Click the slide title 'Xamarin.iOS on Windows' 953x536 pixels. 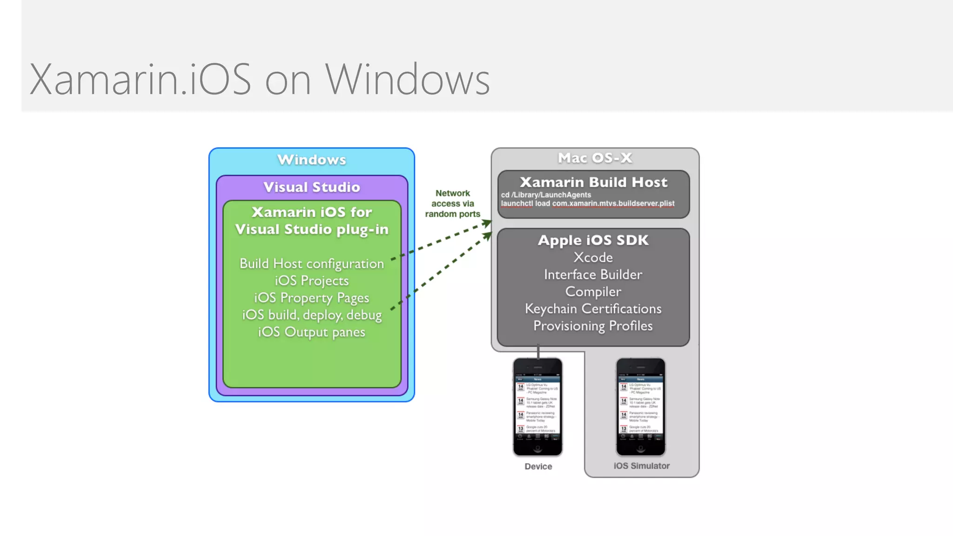pyautogui.click(x=260, y=79)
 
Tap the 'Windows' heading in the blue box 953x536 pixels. pyautogui.click(x=312, y=160)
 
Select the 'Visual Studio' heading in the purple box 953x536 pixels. pyautogui.click(x=312, y=187)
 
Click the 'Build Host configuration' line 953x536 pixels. pyautogui.click(x=312, y=263)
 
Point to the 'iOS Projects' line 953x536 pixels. pyautogui.click(x=312, y=281)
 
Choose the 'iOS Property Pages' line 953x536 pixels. pyautogui.click(x=312, y=298)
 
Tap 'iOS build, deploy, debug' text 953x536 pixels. pyautogui.click(x=312, y=315)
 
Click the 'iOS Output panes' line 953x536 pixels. pyautogui.click(x=312, y=332)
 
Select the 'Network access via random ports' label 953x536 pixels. pyautogui.click(x=452, y=203)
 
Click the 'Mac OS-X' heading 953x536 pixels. pyautogui.click(x=595, y=158)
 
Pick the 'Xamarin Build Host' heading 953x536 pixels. pyautogui.click(x=593, y=182)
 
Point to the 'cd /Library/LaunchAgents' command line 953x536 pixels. pyautogui.click(x=546, y=195)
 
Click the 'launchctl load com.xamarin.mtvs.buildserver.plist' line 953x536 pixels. pyautogui.click(x=587, y=203)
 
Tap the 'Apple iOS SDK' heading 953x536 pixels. pyautogui.click(x=593, y=240)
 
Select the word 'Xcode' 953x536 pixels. pyautogui.click(x=593, y=257)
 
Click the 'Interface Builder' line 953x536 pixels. pyautogui.click(x=593, y=275)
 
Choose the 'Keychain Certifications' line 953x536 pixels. pyautogui.click(x=593, y=309)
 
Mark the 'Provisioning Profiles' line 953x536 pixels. pyautogui.click(x=593, y=326)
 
